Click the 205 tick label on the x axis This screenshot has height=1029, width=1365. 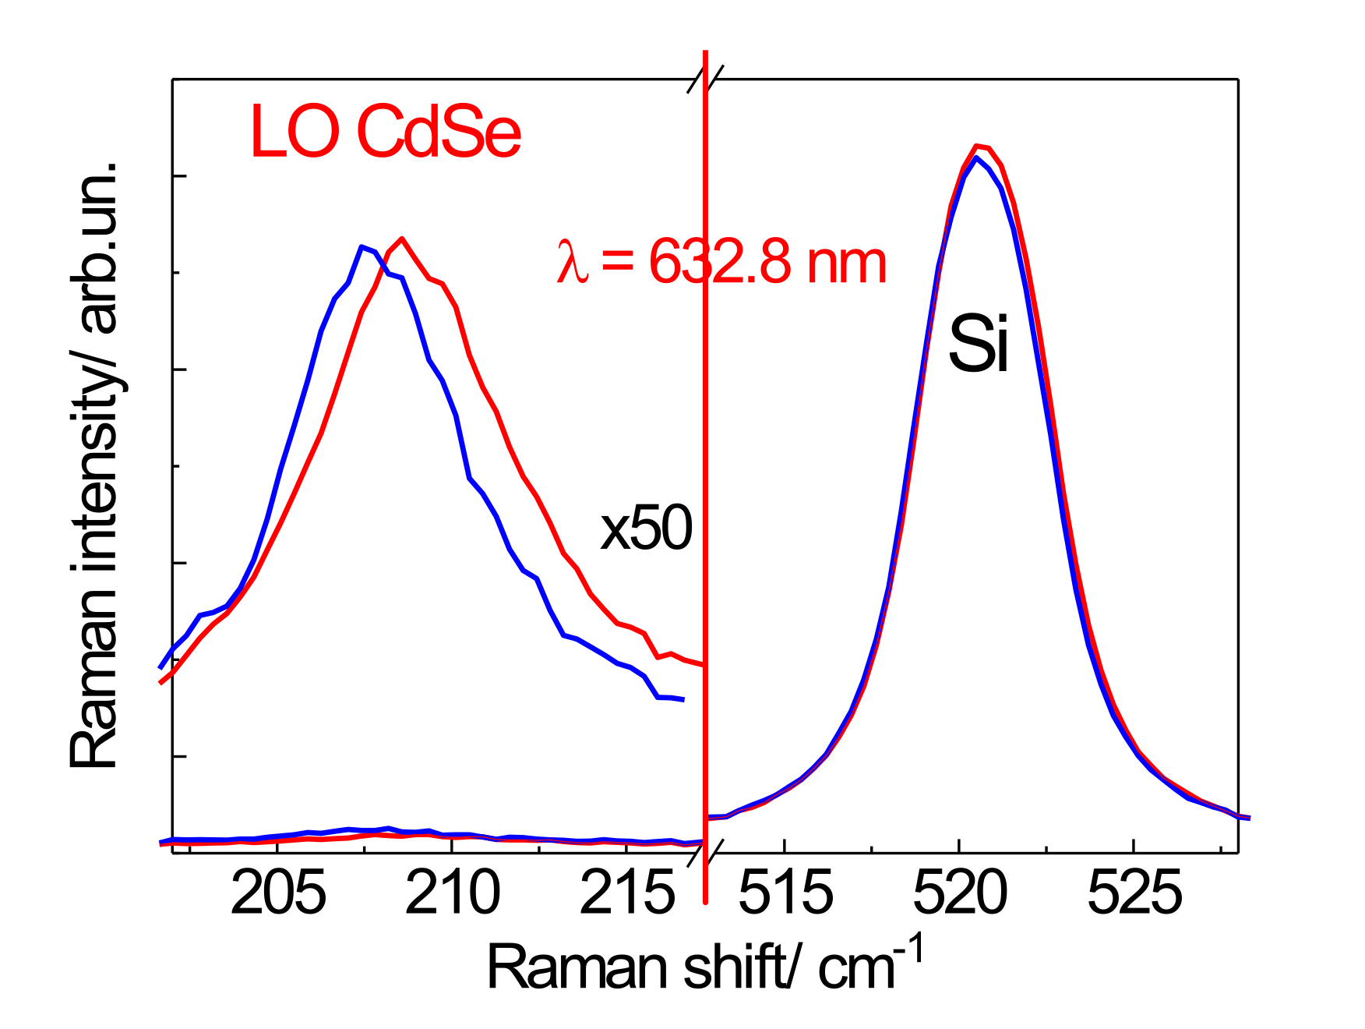278,893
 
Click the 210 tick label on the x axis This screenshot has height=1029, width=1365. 453,893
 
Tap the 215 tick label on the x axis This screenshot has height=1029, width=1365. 627,893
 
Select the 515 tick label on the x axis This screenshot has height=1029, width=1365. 785,893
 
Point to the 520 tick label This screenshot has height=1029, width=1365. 960,893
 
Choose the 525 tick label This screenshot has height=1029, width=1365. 1134,893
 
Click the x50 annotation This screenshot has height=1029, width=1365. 646,529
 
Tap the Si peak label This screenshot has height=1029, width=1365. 979,344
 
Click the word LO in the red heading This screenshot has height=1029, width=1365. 295,133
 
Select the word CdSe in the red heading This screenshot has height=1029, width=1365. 439,133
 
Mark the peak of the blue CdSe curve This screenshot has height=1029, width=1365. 362,246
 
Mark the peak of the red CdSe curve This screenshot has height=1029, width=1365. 401,239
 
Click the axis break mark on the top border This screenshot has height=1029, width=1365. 706,80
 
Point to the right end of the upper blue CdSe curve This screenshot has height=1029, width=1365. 682,700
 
